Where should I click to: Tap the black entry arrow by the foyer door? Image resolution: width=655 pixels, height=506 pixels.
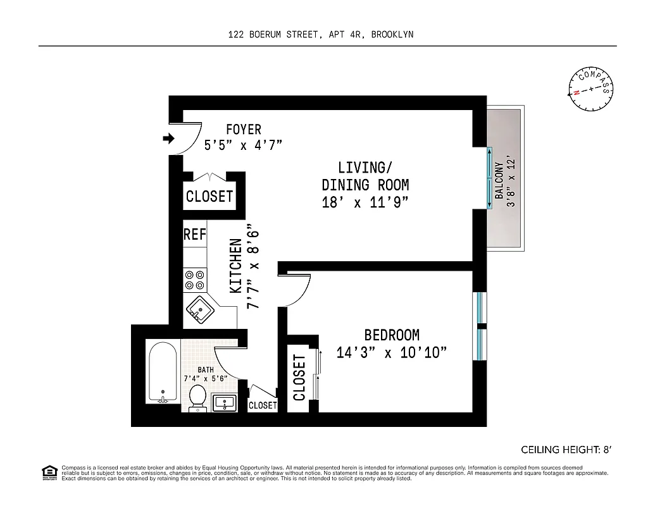pos(168,139)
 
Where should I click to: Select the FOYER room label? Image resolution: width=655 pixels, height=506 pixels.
pos(243,130)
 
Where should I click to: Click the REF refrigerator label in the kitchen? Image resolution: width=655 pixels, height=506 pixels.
pos(195,234)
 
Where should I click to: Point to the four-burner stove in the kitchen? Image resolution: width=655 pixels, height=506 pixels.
pos(195,280)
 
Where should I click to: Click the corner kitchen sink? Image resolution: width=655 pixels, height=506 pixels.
pos(199,311)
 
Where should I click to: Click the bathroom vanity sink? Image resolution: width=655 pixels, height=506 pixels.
pos(225,402)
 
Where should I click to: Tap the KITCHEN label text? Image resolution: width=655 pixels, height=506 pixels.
pos(235,265)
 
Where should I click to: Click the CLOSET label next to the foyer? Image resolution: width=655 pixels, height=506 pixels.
pos(209,196)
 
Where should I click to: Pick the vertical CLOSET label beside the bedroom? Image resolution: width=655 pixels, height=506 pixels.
pos(299,378)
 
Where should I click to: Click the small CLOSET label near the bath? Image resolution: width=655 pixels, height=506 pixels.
pos(263,405)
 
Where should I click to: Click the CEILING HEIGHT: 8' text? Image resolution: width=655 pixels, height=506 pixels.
pos(566,450)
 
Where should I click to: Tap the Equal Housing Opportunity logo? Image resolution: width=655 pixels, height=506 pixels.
pos(47,471)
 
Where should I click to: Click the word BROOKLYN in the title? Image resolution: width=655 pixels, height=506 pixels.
pos(392,35)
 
